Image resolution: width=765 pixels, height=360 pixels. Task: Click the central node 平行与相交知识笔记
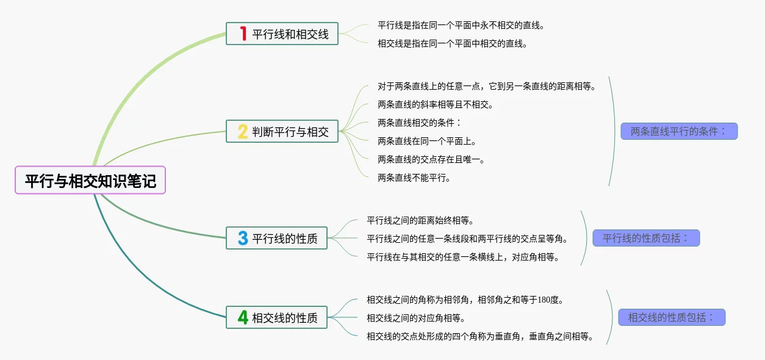point(90,181)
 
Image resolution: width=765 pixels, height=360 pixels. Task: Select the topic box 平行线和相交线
point(282,34)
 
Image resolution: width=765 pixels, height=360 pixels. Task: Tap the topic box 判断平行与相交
point(282,131)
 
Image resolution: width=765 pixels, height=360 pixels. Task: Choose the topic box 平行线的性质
point(276,238)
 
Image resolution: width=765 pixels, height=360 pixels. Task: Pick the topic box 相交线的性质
point(276,317)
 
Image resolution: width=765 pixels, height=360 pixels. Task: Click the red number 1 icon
point(243,34)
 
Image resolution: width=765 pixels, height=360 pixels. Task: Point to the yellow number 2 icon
point(242,131)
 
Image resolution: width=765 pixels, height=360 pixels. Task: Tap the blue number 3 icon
point(242,238)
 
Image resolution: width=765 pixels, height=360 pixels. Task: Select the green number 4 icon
point(242,317)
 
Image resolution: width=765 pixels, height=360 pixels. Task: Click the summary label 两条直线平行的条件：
point(679,131)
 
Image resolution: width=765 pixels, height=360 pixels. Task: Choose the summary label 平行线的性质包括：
point(646,238)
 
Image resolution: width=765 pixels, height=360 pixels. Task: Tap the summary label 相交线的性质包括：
point(671,317)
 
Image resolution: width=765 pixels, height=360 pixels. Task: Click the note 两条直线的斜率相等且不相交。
point(436,104)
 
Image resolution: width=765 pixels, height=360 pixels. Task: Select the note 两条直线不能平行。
point(414,178)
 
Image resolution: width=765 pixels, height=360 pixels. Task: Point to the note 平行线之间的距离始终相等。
point(420,220)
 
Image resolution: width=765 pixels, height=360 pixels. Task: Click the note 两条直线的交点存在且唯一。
point(431,159)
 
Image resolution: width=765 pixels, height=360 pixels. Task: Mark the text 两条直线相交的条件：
point(420,123)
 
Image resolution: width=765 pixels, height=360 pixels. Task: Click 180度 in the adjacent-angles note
point(548,300)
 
